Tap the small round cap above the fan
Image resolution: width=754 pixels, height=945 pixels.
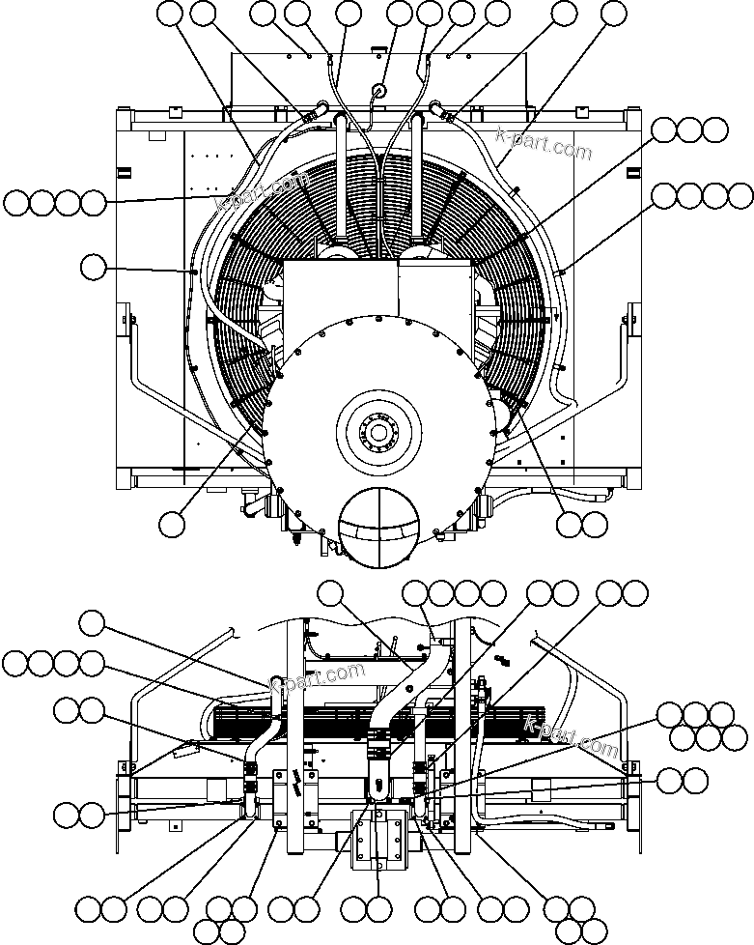(x=377, y=90)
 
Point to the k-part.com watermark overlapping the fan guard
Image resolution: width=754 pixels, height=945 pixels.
(x=263, y=192)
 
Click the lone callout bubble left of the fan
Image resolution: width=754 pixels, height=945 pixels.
(x=93, y=267)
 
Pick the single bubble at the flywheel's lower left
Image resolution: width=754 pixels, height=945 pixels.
(x=172, y=523)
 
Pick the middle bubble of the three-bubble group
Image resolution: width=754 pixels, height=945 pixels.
(x=689, y=129)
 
